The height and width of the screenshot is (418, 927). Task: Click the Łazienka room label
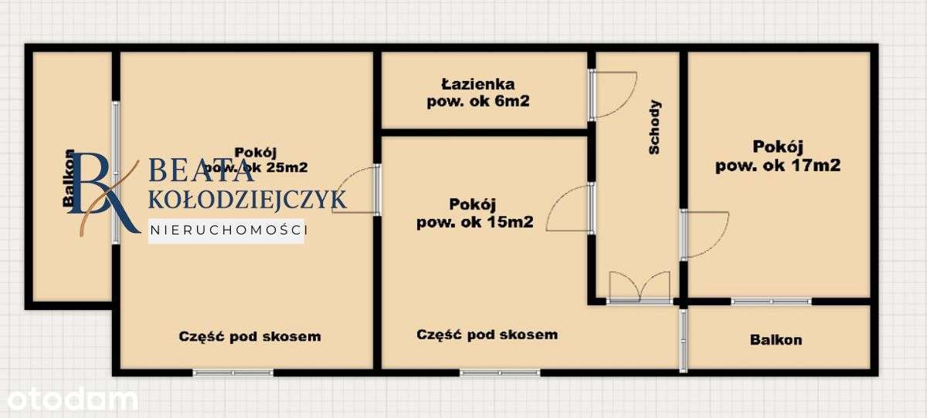click(x=478, y=84)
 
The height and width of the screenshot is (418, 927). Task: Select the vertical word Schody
click(x=654, y=128)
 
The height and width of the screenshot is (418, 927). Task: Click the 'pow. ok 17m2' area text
click(x=778, y=164)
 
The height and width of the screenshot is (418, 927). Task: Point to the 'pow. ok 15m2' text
click(x=475, y=222)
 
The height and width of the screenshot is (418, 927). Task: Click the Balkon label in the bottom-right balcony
click(x=776, y=339)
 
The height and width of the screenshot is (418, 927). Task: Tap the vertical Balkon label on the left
click(x=70, y=180)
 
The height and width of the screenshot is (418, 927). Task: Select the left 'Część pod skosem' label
click(x=250, y=336)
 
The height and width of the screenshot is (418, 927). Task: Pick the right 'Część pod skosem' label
click(x=487, y=335)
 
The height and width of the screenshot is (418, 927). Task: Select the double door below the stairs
click(x=639, y=287)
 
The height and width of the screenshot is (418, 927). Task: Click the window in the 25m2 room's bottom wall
click(x=233, y=372)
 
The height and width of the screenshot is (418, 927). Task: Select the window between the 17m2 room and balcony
click(x=771, y=301)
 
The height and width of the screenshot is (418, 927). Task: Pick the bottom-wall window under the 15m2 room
click(x=500, y=372)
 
